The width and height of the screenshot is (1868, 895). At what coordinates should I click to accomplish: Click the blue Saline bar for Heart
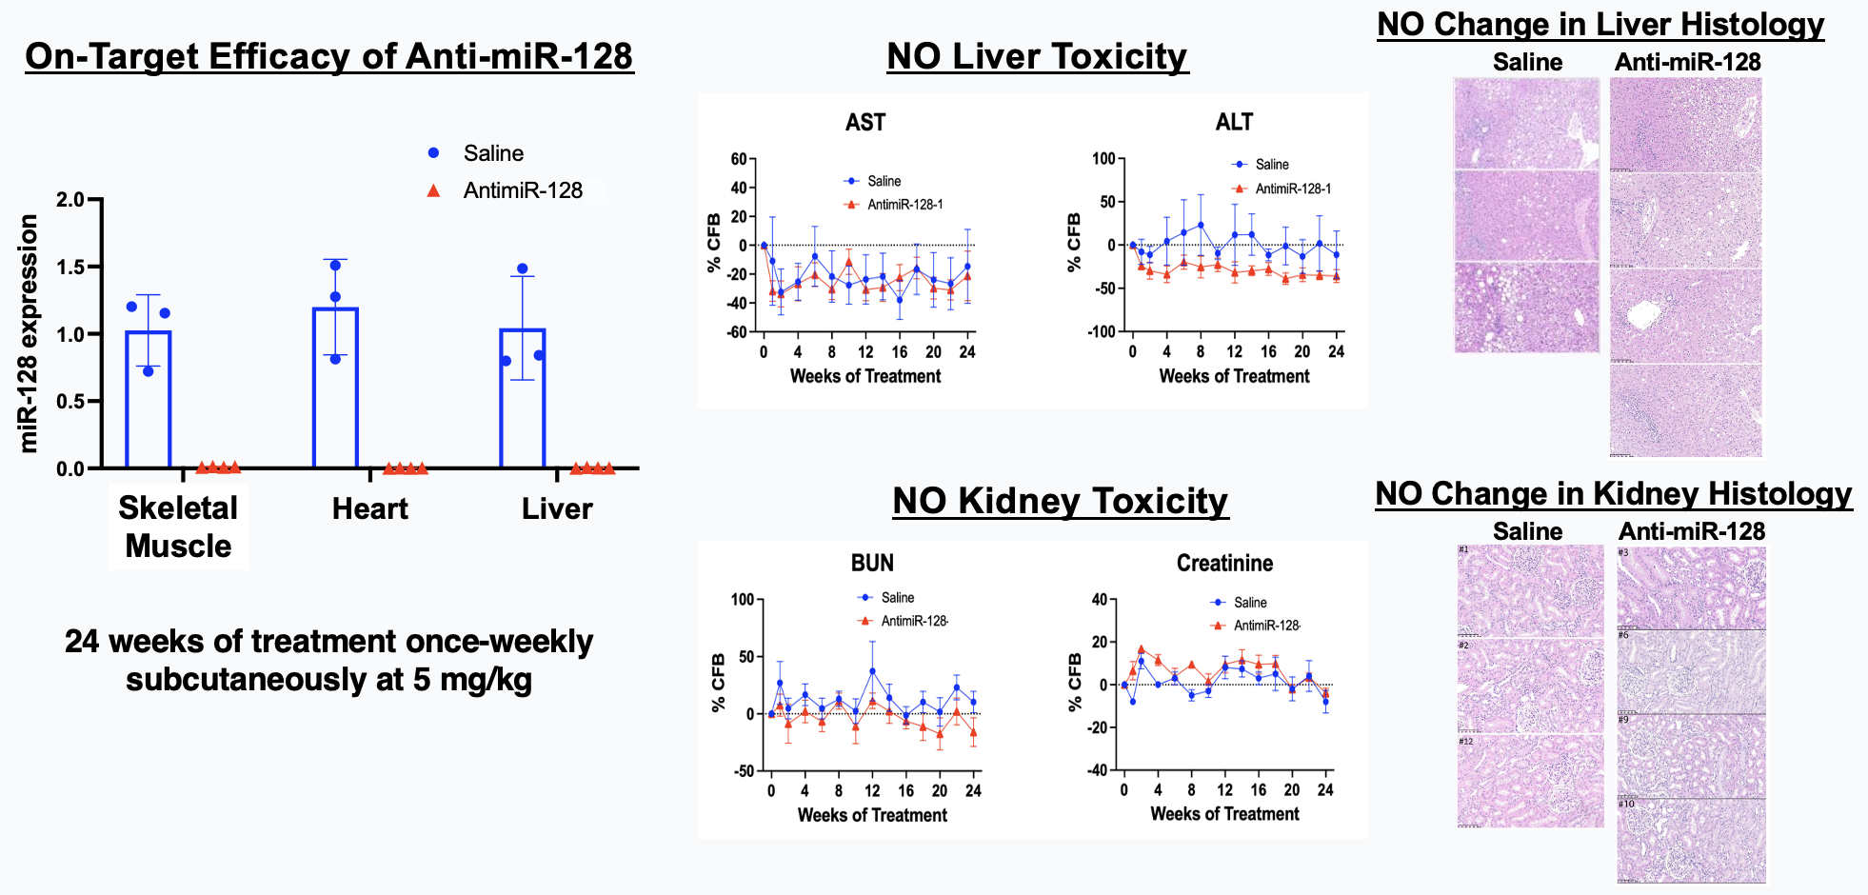pos(335,388)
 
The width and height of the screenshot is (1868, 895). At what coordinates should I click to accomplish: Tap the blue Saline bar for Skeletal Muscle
pos(149,399)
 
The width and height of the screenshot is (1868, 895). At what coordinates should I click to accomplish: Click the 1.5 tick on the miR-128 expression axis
pos(70,268)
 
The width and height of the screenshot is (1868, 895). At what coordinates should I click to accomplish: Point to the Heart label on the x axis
pos(369,509)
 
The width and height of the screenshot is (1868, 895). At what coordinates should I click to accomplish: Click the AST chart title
pos(864,123)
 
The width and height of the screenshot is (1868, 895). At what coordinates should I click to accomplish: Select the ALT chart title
pos(1234,123)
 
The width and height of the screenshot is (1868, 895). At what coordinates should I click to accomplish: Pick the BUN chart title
pos(872,564)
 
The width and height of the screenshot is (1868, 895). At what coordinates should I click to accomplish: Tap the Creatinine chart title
pos(1224,564)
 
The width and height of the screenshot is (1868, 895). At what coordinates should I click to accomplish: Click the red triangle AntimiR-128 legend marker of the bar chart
pos(433,190)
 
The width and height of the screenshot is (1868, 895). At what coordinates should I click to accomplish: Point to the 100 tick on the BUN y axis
pos(743,600)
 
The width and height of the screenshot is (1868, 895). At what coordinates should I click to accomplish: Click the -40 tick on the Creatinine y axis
pos(1098,770)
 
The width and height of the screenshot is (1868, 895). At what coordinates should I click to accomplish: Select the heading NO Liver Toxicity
pos(1037,57)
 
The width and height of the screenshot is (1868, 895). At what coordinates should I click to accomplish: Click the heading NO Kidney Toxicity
pos(1060,502)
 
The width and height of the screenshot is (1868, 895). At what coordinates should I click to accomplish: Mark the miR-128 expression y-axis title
pos(30,333)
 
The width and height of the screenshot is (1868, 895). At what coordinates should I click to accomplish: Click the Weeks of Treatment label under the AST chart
pos(864,377)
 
